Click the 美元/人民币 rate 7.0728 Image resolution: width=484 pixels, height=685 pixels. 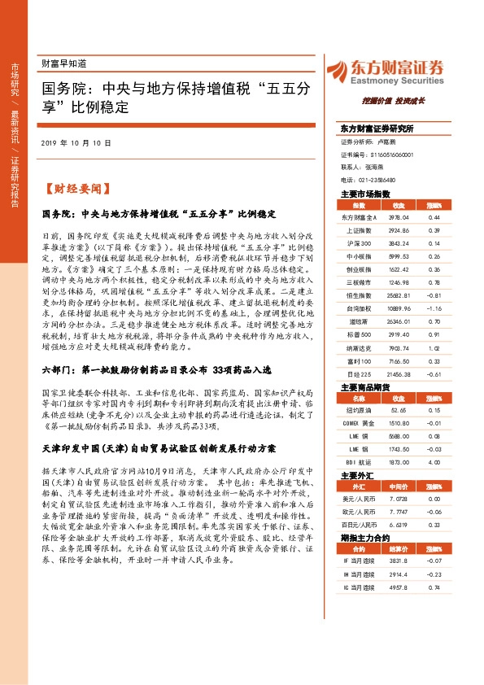point(399,499)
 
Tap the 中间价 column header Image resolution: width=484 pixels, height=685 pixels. point(399,486)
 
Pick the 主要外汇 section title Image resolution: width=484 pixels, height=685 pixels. point(357,474)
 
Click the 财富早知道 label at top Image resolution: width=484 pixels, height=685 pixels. point(63,63)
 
